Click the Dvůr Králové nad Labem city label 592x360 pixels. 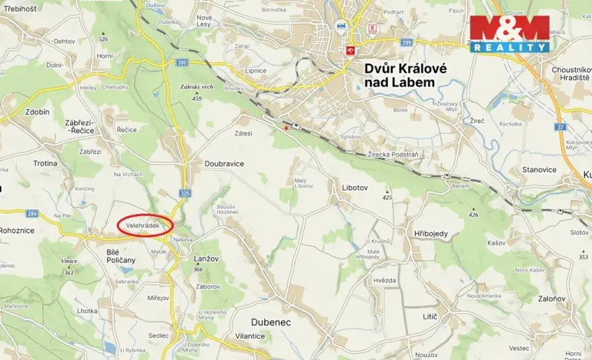[x=400, y=75]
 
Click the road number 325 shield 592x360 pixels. [x=184, y=193]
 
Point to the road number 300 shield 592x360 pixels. [x=182, y=62]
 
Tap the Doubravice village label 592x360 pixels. [x=224, y=164]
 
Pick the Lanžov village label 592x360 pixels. [x=202, y=262]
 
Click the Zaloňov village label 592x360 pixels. [x=551, y=298]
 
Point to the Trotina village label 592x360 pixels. [x=45, y=163]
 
